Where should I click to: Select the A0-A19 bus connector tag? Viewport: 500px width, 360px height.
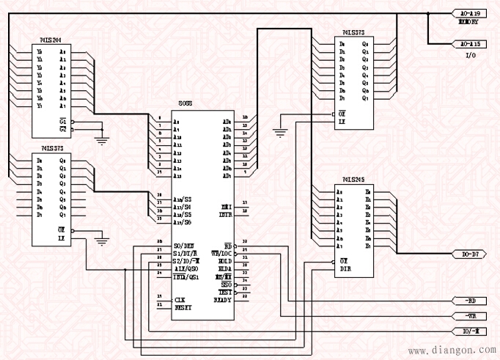pyautogui.click(x=469, y=13)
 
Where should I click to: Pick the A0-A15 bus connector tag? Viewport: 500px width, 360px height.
pyautogui.click(x=469, y=44)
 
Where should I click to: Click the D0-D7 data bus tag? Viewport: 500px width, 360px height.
pyautogui.click(x=469, y=254)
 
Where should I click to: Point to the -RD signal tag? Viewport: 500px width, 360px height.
pyautogui.click(x=469, y=301)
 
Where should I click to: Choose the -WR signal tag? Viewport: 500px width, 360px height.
pyautogui.click(x=469, y=316)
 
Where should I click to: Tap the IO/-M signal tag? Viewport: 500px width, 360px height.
pyautogui.click(x=469, y=331)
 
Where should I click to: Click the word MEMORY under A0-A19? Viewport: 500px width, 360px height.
pyautogui.click(x=468, y=22)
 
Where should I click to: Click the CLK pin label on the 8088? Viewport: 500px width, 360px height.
pyautogui.click(x=179, y=299)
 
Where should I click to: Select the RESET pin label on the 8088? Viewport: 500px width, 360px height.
pyautogui.click(x=182, y=307)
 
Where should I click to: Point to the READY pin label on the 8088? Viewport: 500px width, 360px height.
pyautogui.click(x=223, y=300)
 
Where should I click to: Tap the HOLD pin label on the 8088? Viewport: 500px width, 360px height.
pyautogui.click(x=225, y=261)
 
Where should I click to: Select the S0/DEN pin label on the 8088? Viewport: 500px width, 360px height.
pyautogui.click(x=183, y=245)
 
